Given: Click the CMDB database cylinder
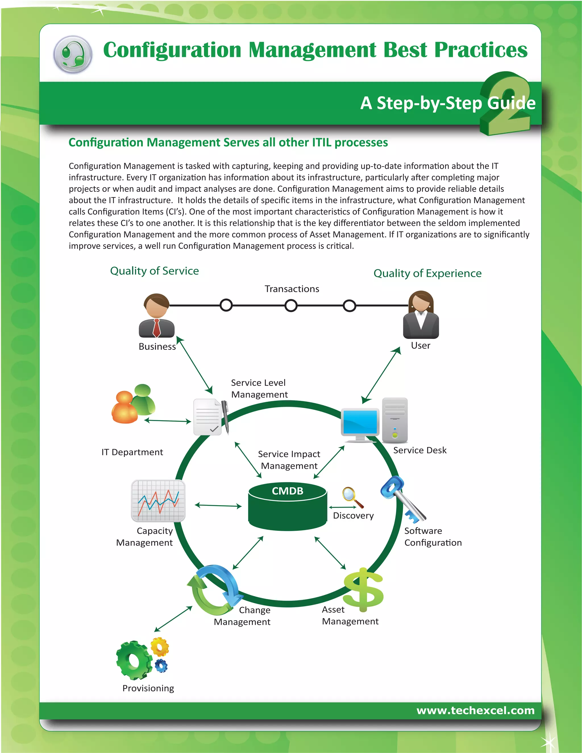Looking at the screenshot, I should pos(287,507).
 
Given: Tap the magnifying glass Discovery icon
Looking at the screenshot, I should pos(352,496).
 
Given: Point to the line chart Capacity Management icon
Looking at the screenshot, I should pos(158,501).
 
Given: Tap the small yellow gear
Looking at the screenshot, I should pos(160,647).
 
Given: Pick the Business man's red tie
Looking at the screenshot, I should pos(157,328).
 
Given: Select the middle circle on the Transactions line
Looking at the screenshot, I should pos(291,305).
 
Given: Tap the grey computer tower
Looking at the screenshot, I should pos(395,420).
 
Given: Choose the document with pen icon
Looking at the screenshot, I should pos(209,417).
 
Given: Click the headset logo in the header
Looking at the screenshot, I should pos(73,55).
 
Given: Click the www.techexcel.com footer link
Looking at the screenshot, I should pos(475,710).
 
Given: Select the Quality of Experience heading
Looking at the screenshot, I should pos(427,273).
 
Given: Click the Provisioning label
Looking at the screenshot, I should pos(148,688).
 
